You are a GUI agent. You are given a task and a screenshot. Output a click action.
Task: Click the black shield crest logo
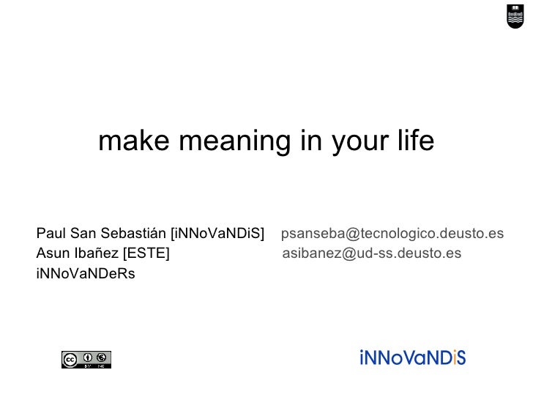515,15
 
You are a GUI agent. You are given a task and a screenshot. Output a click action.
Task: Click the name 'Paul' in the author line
51,234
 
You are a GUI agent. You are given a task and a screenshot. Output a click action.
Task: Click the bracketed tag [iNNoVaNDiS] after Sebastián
217,234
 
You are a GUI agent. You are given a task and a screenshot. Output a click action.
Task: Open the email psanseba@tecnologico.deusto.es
392,234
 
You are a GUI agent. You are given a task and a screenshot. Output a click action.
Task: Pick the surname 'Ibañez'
97,253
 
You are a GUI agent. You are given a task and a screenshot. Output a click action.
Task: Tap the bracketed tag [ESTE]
146,253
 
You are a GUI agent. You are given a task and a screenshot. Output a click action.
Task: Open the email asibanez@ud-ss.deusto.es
372,253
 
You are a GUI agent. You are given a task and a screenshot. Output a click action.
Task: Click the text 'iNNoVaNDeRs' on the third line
86,274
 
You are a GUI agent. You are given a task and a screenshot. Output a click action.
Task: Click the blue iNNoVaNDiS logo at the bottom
413,358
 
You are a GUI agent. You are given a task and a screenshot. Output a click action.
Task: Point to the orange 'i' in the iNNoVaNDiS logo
454,358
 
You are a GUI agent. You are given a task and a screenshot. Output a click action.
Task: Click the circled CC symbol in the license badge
70,359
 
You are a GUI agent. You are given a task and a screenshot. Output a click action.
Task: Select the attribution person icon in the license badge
88,358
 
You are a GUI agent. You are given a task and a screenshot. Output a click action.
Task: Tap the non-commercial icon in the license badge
102,358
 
